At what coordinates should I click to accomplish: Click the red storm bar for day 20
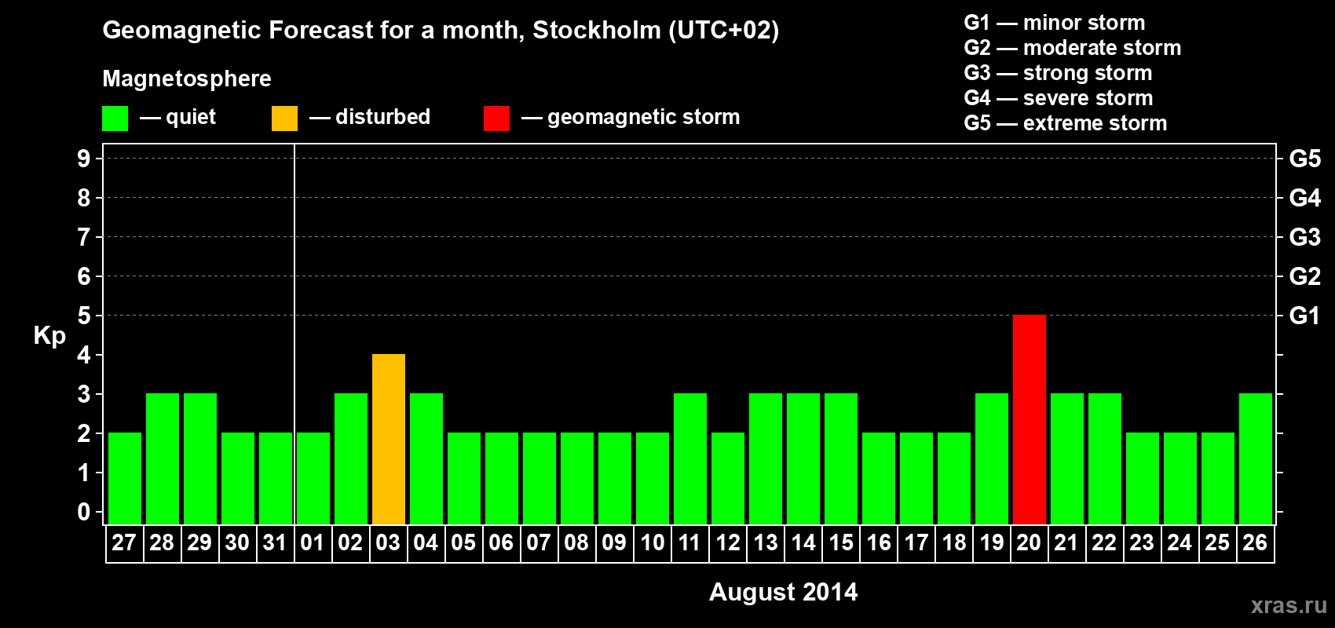click(1029, 419)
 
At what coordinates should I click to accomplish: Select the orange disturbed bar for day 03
click(388, 439)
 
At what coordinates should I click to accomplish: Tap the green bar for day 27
click(124, 478)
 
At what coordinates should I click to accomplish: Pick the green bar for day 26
click(1255, 458)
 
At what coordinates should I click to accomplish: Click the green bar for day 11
click(689, 458)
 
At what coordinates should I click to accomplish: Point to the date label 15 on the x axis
click(840, 542)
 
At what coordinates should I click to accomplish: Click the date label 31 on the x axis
click(275, 542)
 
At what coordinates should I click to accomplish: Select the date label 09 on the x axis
click(614, 542)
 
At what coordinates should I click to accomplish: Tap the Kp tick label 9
click(84, 159)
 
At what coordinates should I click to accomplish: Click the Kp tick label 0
click(84, 512)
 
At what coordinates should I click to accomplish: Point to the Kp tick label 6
click(84, 276)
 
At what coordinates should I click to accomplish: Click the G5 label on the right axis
click(1304, 159)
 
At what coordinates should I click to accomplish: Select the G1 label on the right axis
click(1304, 316)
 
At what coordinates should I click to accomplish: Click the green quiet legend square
click(115, 119)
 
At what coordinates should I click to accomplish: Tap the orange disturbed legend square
click(284, 119)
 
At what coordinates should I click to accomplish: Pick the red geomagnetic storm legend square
click(496, 119)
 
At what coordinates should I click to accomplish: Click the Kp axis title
click(49, 335)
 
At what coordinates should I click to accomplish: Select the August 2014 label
click(783, 591)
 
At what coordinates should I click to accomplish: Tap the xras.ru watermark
click(1288, 604)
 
